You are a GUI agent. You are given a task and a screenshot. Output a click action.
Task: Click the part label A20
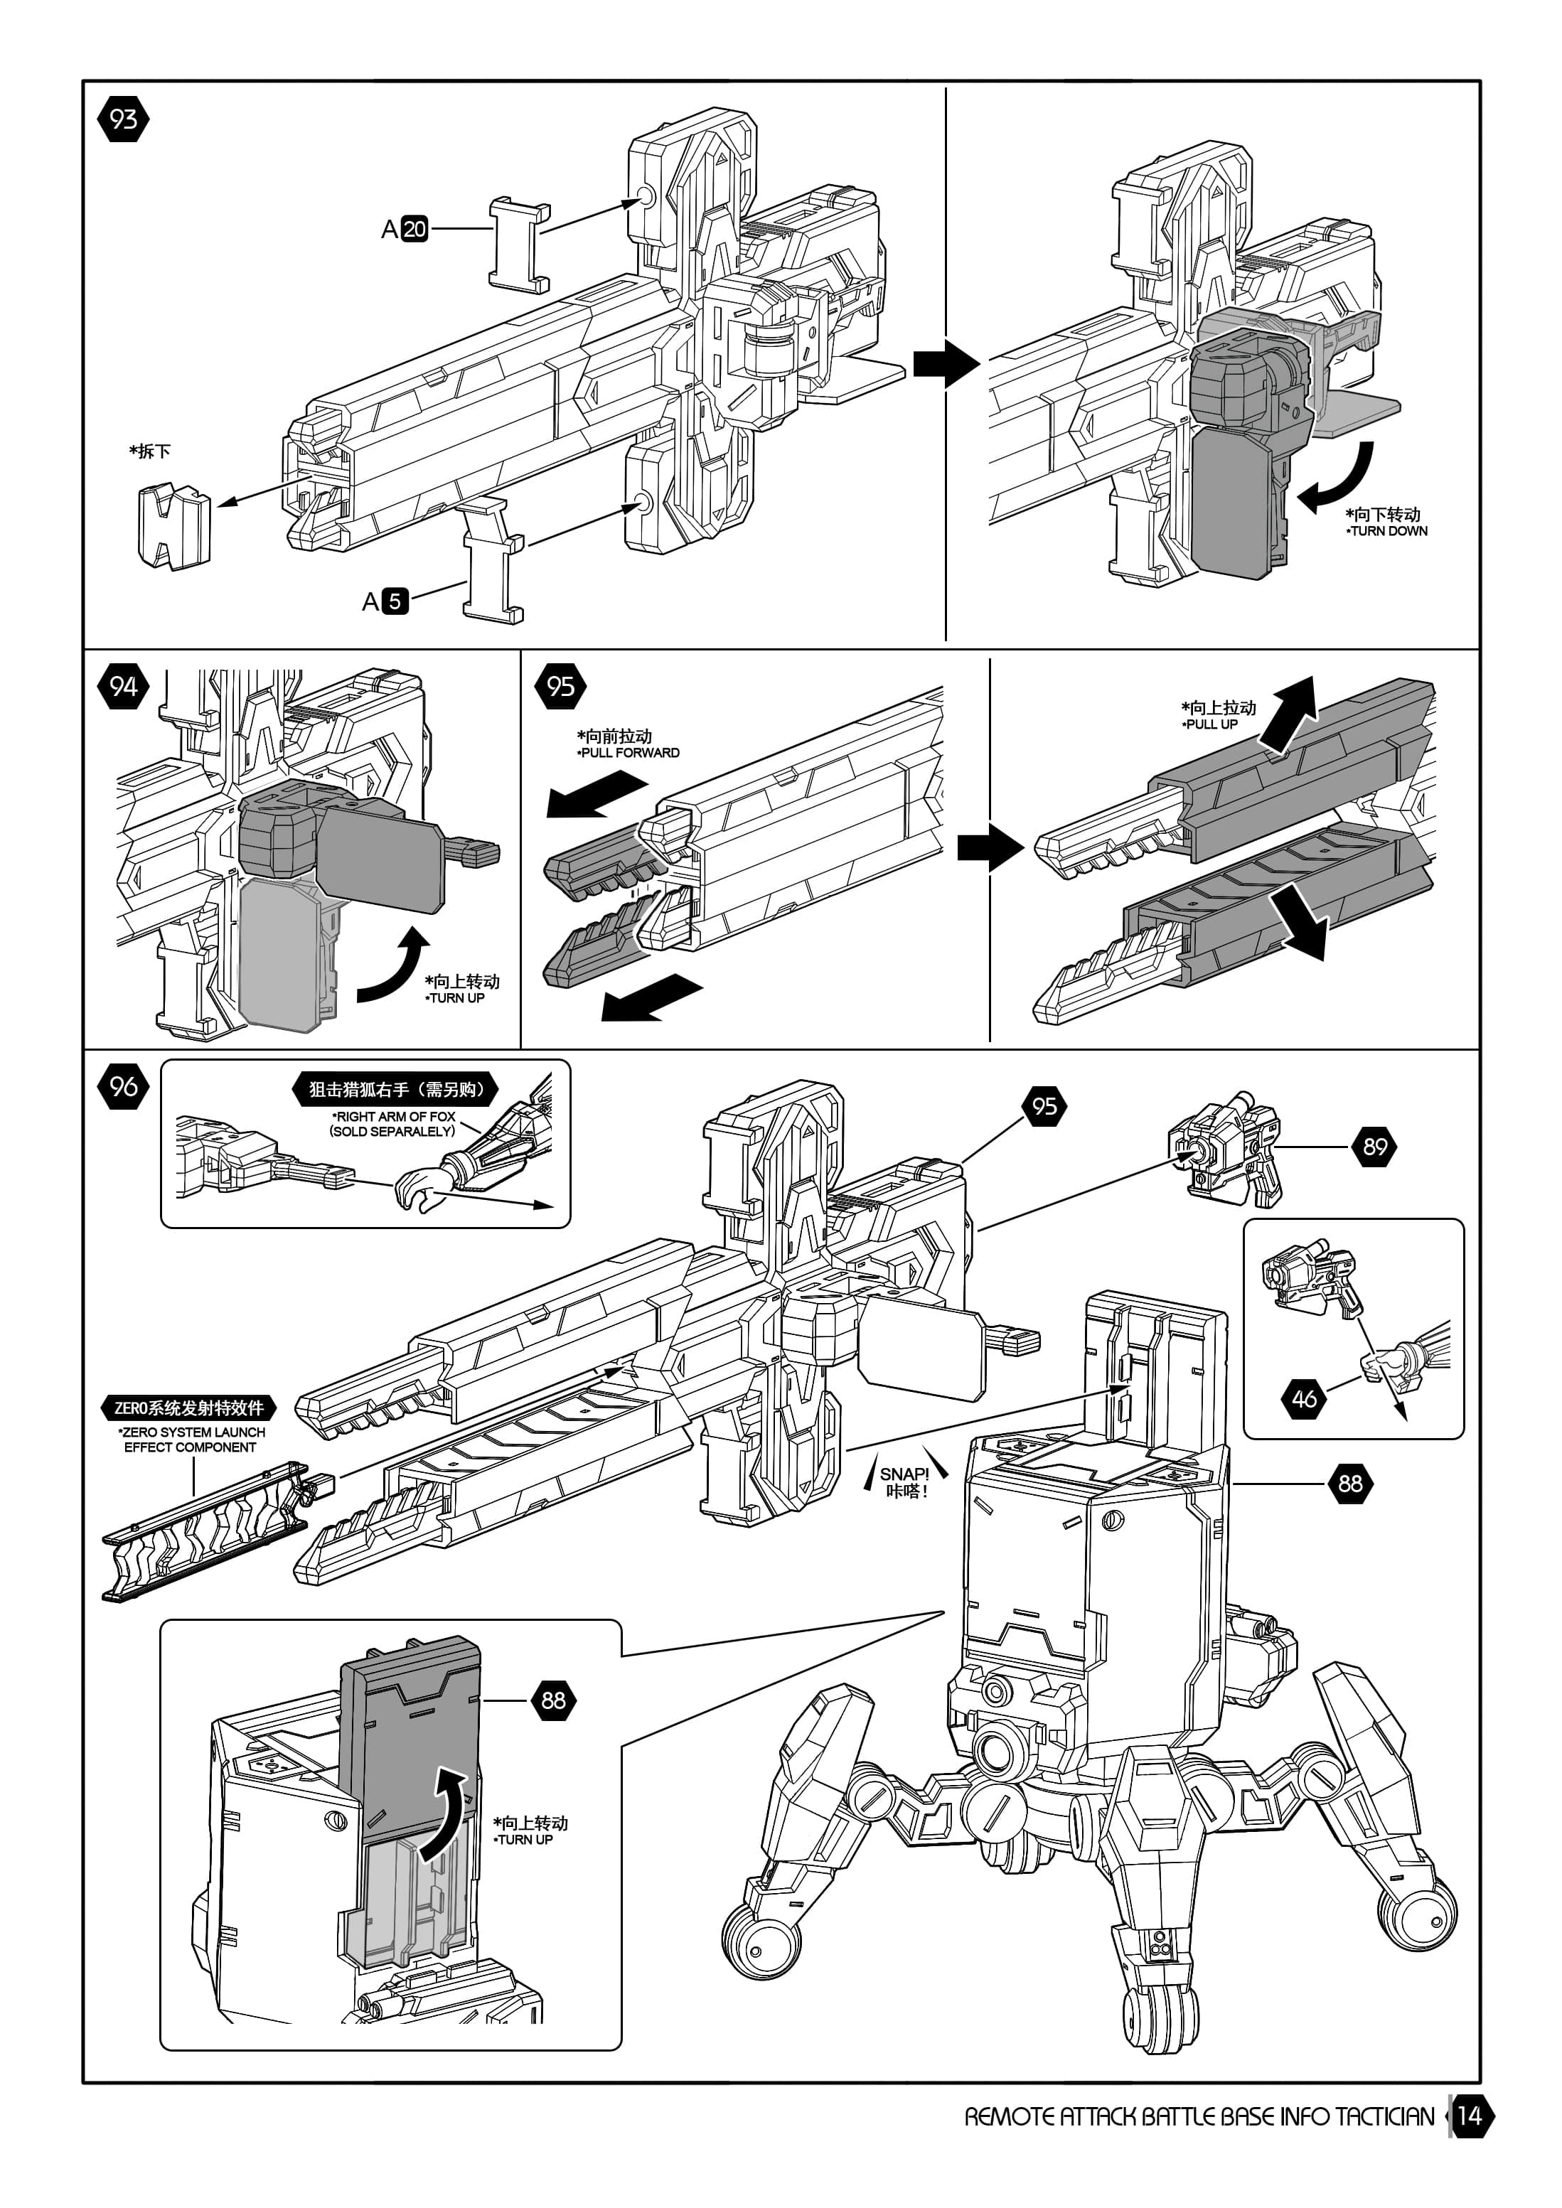(404, 229)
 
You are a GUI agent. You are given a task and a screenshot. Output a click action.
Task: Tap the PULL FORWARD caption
(630, 753)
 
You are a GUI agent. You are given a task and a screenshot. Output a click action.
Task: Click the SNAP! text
(904, 1473)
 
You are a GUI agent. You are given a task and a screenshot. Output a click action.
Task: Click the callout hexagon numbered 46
(1304, 1398)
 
